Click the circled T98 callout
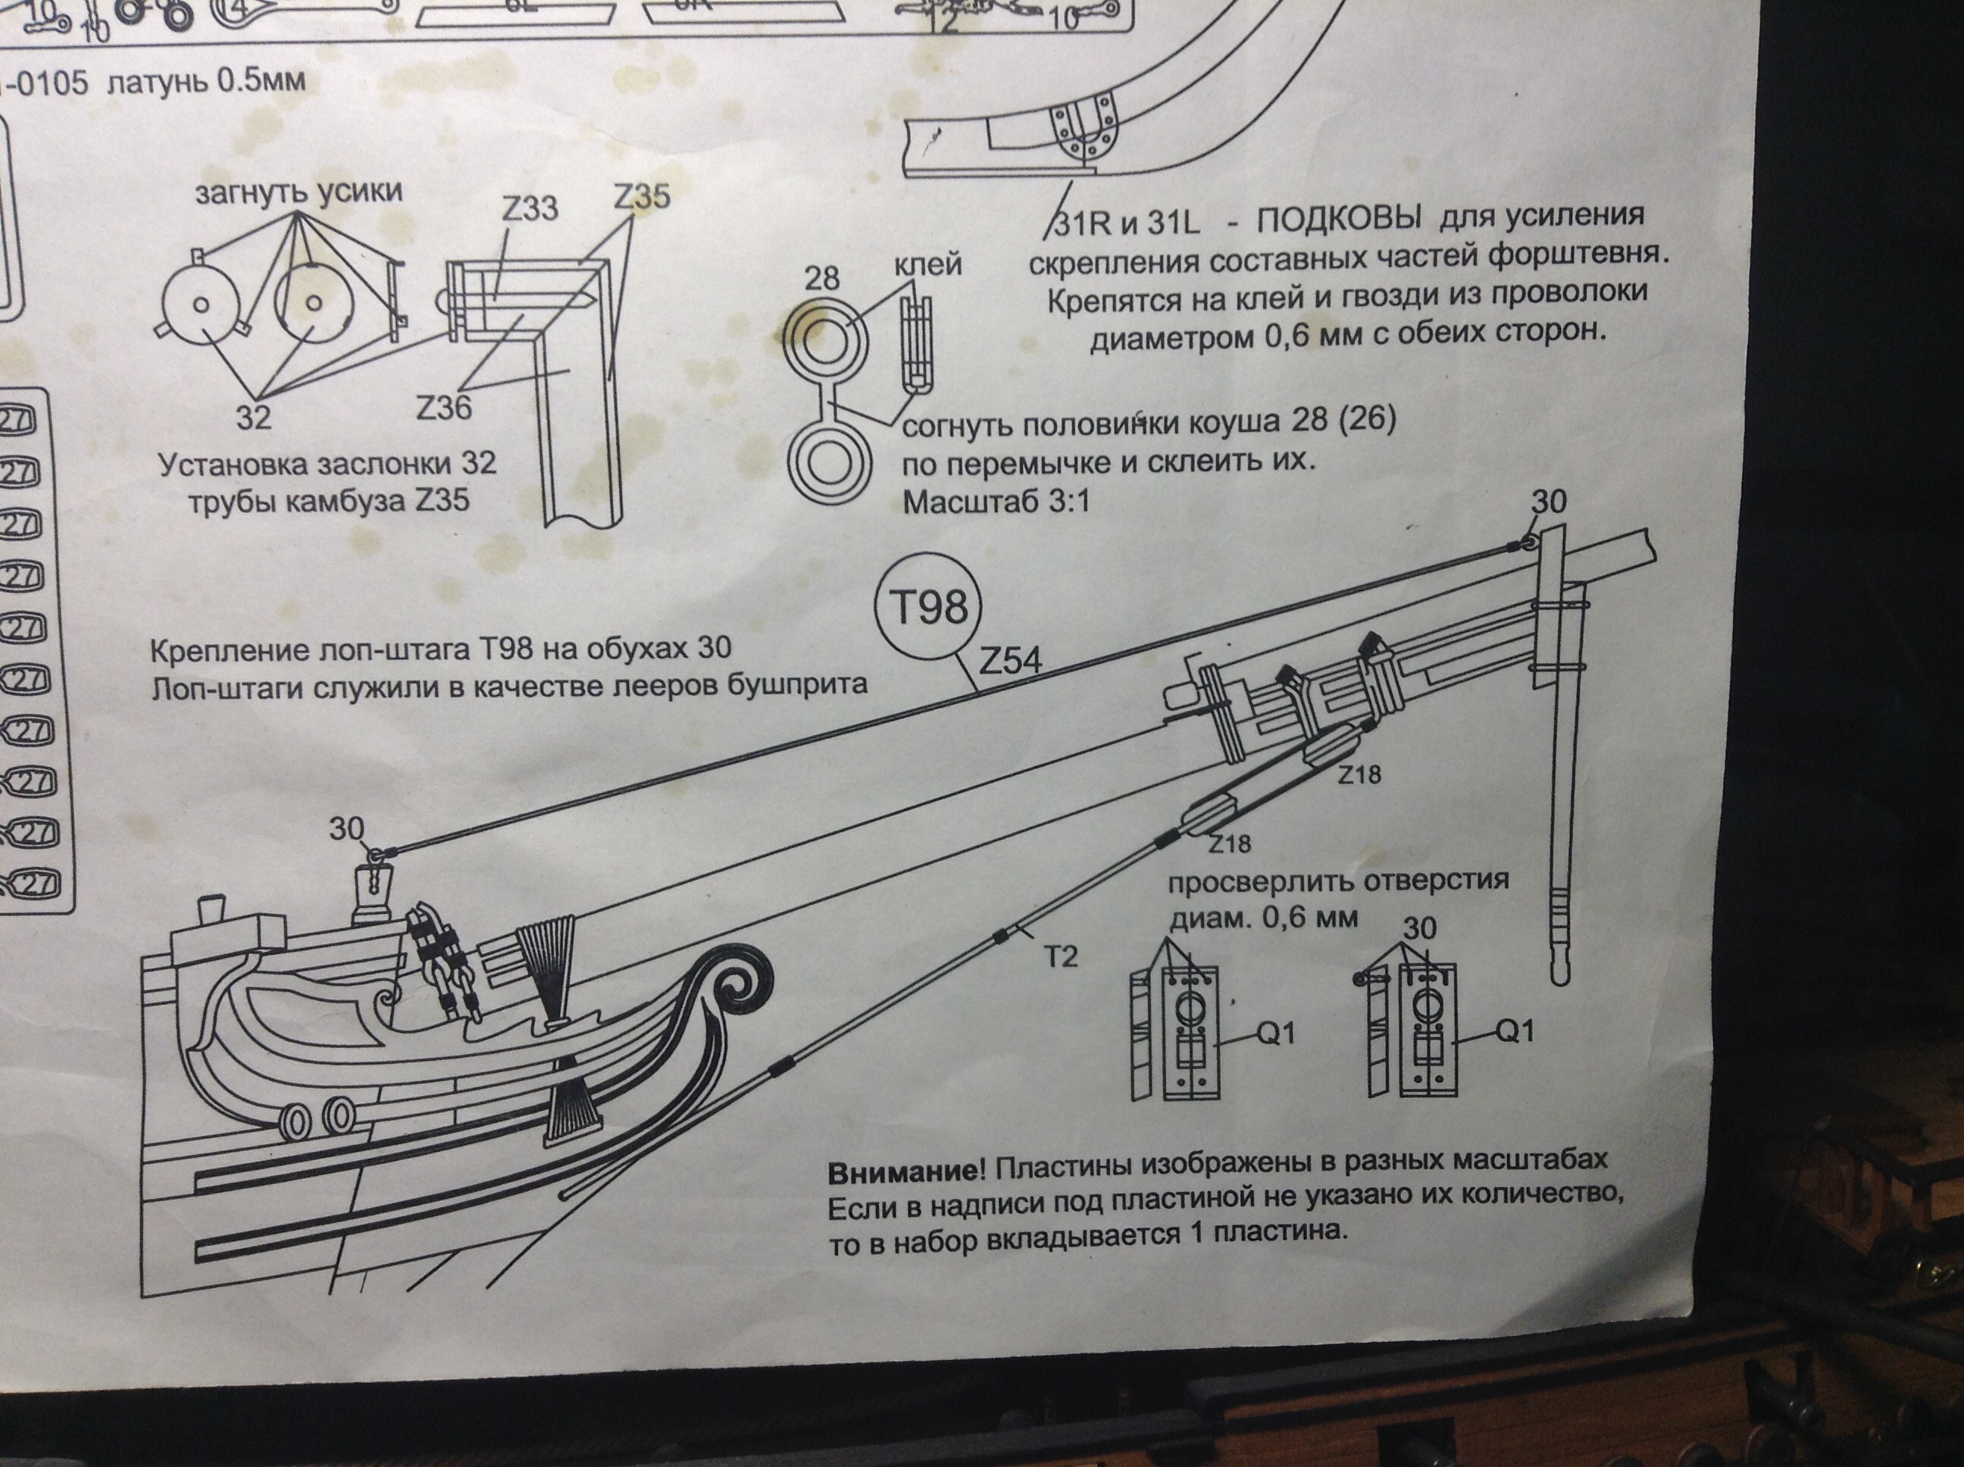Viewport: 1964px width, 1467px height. (x=929, y=610)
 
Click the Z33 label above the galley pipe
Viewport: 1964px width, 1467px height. (x=530, y=208)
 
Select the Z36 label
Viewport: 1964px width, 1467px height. (x=443, y=408)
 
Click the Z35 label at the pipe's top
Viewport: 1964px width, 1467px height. (x=642, y=197)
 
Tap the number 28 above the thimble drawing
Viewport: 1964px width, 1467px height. (x=821, y=278)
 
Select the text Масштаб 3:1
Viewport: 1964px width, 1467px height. (x=996, y=502)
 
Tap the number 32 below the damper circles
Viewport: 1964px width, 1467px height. (x=253, y=417)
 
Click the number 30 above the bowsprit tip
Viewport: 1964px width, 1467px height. (x=1550, y=502)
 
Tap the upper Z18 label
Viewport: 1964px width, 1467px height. (x=1360, y=775)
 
